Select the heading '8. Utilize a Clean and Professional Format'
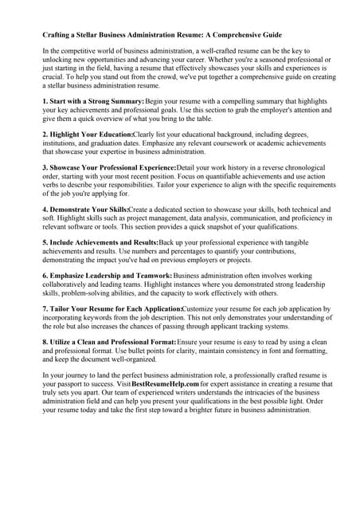(111, 340)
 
